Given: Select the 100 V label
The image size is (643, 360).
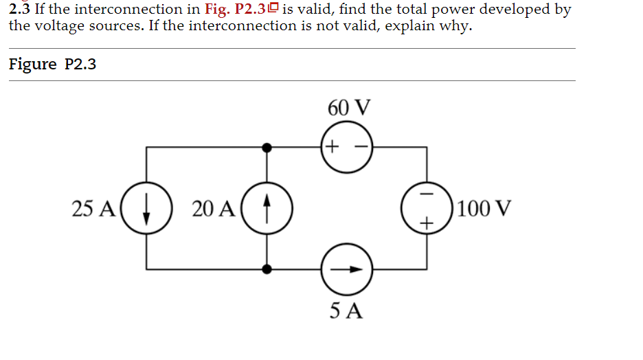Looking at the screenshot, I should coord(484,207).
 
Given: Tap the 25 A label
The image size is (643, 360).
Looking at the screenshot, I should coord(93,208).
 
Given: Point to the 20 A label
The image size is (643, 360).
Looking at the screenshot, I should coord(214,208).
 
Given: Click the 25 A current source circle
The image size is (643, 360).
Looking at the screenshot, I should coord(146,207).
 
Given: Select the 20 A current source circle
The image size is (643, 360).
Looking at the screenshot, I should coord(268,207).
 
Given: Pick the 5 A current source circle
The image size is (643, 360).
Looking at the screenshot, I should coord(348,269).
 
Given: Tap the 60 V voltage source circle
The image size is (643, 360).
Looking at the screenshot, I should coord(348,146).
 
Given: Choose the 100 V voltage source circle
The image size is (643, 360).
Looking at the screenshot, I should coord(427,207).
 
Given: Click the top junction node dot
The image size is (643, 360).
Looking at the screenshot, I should coord(268,146).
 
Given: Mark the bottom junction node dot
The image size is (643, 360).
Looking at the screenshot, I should coord(268,269).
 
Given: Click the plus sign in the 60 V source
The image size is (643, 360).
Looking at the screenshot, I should coord(332,146).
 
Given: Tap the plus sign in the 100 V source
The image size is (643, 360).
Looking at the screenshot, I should coord(427,223).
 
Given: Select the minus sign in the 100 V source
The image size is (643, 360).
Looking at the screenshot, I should coord(427,193).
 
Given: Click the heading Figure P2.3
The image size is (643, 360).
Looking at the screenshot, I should coord(52,65).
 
